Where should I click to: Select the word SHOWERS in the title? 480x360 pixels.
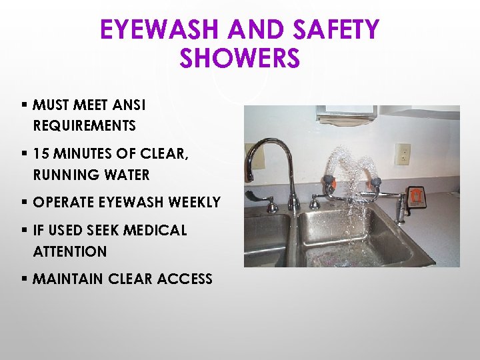[x=239, y=59]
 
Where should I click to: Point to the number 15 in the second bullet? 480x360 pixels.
[x=41, y=154]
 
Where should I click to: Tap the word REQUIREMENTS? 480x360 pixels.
[x=84, y=125]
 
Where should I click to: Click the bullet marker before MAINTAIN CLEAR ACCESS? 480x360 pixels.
[x=24, y=279]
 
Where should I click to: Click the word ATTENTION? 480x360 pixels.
[x=69, y=251]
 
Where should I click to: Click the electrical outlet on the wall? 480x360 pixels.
[x=402, y=154]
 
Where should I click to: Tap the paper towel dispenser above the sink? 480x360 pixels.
[x=346, y=115]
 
